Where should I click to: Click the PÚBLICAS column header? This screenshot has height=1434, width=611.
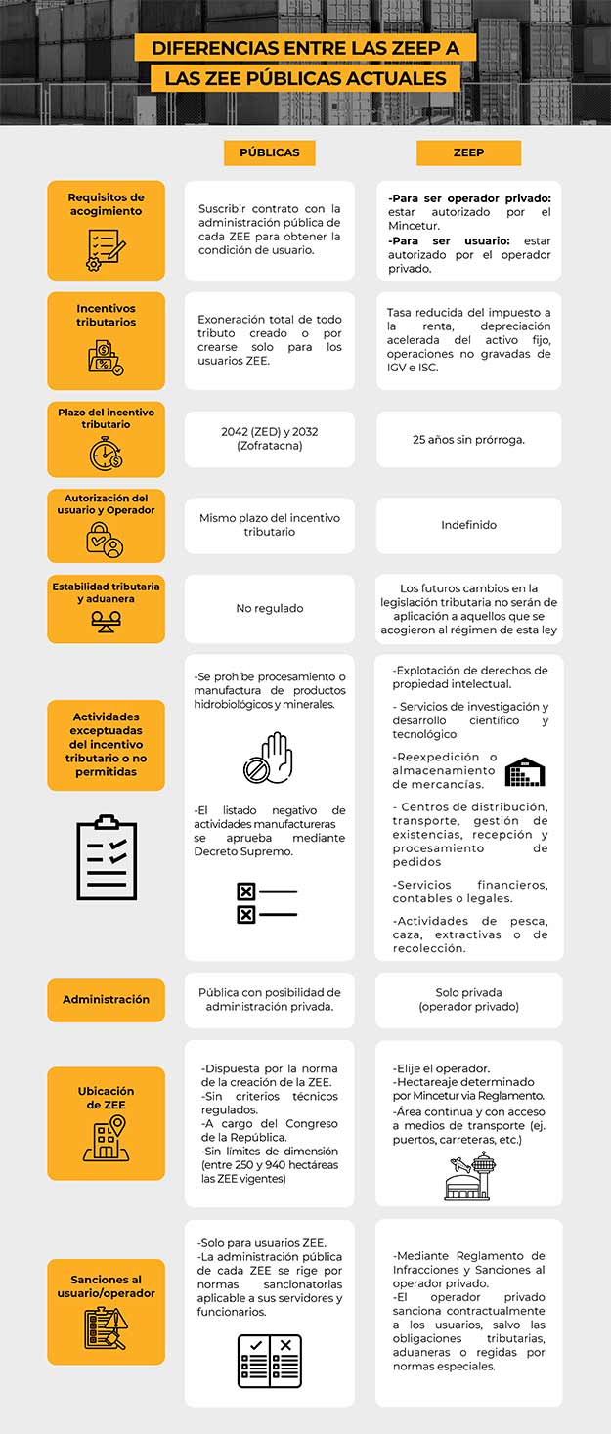(x=270, y=153)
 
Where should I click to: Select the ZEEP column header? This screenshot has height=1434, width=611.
(x=468, y=153)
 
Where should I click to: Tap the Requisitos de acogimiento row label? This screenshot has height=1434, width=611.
(x=106, y=204)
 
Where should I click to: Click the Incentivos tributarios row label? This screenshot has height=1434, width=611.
(x=106, y=315)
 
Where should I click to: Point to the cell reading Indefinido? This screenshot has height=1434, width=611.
(x=468, y=525)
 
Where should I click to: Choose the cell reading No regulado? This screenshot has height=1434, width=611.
(x=270, y=608)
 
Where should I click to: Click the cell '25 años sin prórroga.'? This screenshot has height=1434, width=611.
(x=468, y=439)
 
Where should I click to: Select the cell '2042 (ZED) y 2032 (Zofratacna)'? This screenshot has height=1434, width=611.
(x=270, y=439)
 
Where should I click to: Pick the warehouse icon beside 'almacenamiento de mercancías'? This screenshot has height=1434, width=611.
(x=525, y=771)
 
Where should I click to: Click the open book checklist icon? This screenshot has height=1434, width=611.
(x=270, y=1361)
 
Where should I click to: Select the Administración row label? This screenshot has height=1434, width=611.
(x=106, y=999)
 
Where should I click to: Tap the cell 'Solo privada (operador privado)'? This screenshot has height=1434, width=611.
(x=468, y=999)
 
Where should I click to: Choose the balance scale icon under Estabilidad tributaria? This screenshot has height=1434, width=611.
(x=106, y=619)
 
